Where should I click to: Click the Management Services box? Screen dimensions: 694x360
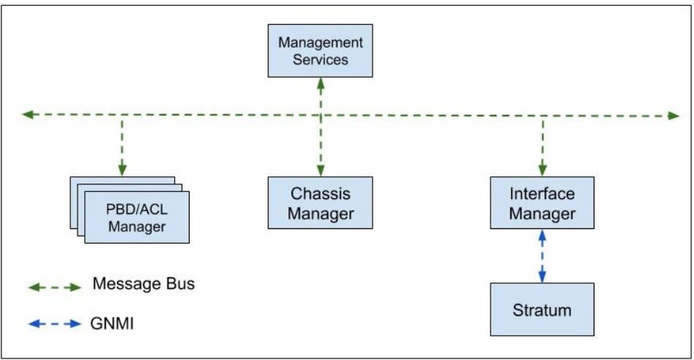pyautogui.click(x=320, y=51)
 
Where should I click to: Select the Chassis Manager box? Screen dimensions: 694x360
pyautogui.click(x=320, y=203)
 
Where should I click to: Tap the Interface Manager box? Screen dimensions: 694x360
pyautogui.click(x=542, y=203)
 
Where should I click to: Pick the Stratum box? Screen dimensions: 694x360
pyautogui.click(x=542, y=310)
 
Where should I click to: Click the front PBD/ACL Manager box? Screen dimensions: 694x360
pyautogui.click(x=137, y=217)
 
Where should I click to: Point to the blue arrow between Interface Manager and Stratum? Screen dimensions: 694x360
pyautogui.click(x=542, y=256)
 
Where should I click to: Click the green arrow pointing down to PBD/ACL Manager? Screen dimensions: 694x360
pyautogui.click(x=122, y=146)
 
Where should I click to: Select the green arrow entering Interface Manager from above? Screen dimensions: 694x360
pyautogui.click(x=542, y=146)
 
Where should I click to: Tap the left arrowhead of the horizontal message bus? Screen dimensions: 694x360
pyautogui.click(x=27, y=115)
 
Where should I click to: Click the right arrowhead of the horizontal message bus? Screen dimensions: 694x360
pyautogui.click(x=674, y=116)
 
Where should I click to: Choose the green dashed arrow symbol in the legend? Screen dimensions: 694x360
pyautogui.click(x=55, y=288)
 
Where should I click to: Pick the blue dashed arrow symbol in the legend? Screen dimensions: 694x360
pyautogui.click(x=55, y=324)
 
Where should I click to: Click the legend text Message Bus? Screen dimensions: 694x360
pyautogui.click(x=143, y=284)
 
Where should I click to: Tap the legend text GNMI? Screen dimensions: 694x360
pyautogui.click(x=112, y=323)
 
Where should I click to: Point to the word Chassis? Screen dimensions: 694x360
pyautogui.click(x=321, y=194)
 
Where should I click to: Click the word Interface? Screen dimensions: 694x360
pyautogui.click(x=542, y=194)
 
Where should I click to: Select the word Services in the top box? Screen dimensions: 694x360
pyautogui.click(x=321, y=60)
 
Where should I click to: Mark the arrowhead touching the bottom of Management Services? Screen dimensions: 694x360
pyautogui.click(x=321, y=83)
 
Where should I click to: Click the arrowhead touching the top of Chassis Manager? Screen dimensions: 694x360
pyautogui.click(x=321, y=170)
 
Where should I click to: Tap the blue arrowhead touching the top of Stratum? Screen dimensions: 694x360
pyautogui.click(x=542, y=277)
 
